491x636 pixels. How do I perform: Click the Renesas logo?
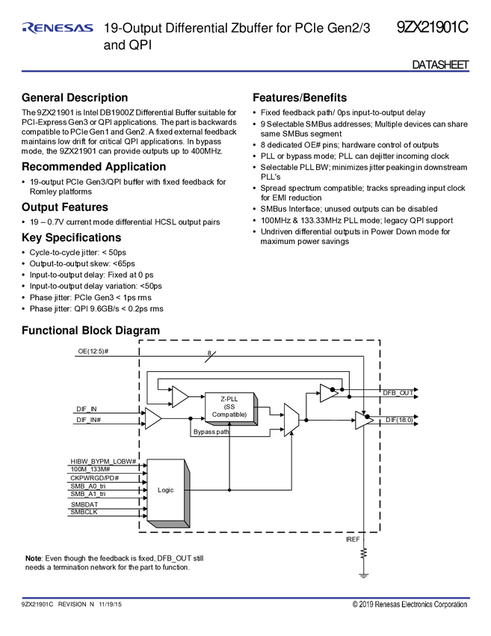coord(58,28)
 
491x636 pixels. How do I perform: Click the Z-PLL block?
coord(229,406)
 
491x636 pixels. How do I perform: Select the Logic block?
coord(166,490)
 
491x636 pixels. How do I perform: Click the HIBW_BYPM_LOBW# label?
coord(107,461)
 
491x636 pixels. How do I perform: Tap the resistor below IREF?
coord(364,554)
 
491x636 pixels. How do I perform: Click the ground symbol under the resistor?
coord(364,575)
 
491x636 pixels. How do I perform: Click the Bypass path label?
coord(211,432)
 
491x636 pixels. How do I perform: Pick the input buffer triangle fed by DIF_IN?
coord(152,419)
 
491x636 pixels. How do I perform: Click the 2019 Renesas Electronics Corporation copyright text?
coord(410,605)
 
